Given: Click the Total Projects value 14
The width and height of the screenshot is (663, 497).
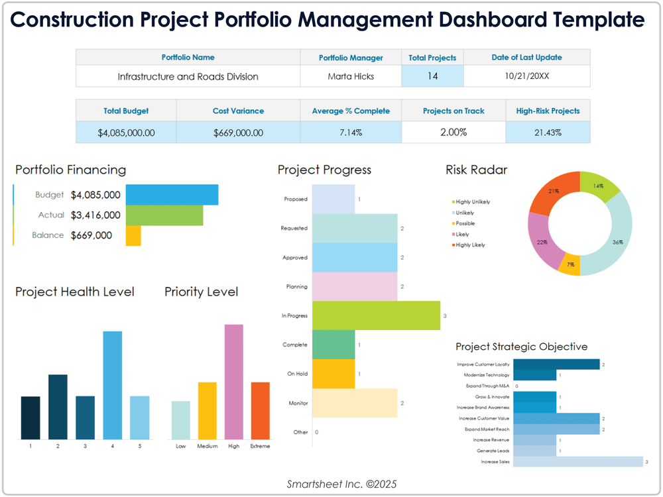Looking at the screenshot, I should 432,76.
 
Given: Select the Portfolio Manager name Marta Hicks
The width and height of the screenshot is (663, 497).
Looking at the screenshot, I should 351,76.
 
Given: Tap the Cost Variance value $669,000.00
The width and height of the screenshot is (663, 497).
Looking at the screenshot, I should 238,133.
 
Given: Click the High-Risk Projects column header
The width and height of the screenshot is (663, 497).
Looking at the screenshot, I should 548,111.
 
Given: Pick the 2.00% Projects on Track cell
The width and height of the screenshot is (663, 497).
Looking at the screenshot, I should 453,132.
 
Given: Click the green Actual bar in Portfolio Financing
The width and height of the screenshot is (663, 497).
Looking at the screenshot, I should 164,215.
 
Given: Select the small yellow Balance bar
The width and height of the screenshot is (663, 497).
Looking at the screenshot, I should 133,235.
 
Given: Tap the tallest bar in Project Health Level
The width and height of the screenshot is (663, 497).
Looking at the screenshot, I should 113,384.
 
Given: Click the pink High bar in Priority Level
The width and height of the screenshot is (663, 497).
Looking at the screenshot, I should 233,381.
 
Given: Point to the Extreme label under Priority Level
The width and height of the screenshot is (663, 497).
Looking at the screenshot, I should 260,446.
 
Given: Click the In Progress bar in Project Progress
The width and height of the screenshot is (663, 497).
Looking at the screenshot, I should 375,315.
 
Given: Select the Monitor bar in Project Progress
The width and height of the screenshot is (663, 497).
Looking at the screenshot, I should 354,403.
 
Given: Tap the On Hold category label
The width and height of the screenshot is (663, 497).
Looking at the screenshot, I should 297,374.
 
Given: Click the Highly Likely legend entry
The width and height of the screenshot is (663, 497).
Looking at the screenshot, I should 470,245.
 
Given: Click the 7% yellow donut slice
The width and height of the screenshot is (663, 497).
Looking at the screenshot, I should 569,265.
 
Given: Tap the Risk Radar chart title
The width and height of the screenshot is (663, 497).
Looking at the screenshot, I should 476,170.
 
